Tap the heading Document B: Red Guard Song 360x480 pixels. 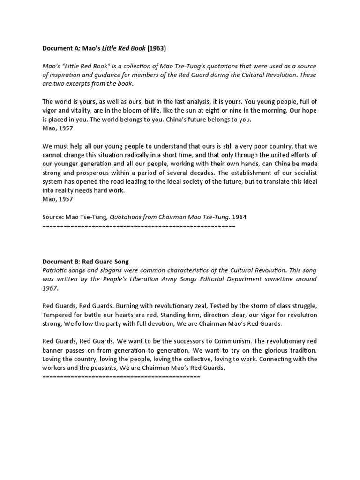click(85, 262)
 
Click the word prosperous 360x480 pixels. click(87, 173)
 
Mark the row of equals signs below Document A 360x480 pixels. click(138, 226)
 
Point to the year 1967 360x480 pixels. click(50, 288)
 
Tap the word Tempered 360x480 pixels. click(57, 315)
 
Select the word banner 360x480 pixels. click(53, 351)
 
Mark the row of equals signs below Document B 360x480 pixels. click(121, 377)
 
